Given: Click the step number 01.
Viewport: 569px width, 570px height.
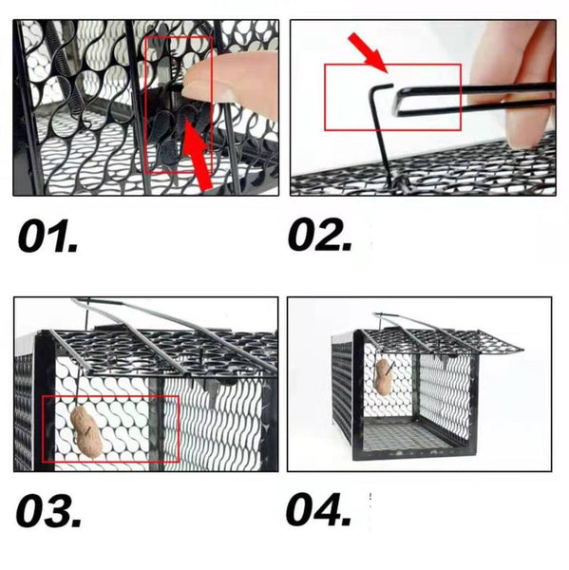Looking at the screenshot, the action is coord(48,236).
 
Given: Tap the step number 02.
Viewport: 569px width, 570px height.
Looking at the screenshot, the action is coord(320,235).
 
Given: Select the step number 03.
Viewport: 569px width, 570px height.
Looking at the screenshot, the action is coord(48,510).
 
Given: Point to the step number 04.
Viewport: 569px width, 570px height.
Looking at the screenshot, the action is coord(318,509).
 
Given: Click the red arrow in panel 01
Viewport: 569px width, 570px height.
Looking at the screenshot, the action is coord(198,156).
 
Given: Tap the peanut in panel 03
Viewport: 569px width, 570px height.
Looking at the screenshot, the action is coord(87,432).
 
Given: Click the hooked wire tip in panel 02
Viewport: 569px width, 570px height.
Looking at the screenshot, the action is coord(391,85).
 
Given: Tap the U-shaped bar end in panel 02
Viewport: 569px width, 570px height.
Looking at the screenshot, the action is coord(398,104).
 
